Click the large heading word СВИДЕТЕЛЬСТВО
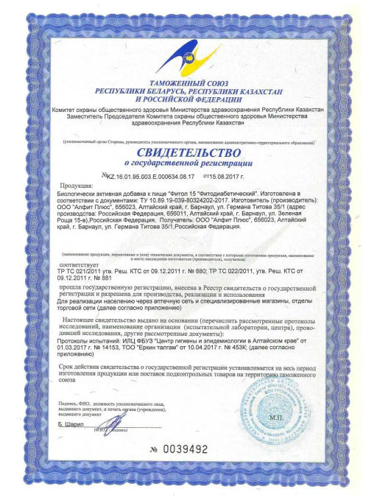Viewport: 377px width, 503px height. (188, 151)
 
